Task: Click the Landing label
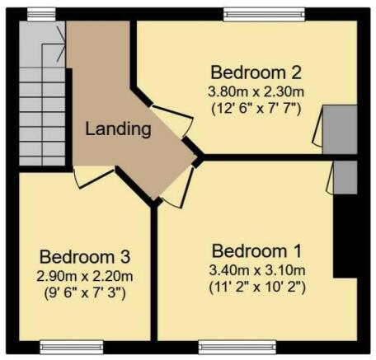click(x=118, y=129)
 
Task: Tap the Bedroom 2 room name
click(x=256, y=72)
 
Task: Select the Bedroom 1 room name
click(x=256, y=251)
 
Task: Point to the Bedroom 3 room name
click(x=85, y=257)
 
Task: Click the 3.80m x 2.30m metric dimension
click(x=256, y=91)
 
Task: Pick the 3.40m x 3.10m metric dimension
click(x=257, y=270)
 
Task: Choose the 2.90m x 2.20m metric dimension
click(x=85, y=276)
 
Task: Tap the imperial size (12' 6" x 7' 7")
click(x=256, y=109)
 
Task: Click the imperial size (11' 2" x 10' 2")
click(x=257, y=288)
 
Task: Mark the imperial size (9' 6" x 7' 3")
click(x=85, y=293)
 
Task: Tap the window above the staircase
click(x=42, y=14)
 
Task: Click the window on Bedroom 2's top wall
click(x=264, y=14)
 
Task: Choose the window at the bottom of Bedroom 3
click(x=72, y=348)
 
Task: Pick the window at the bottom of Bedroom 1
click(x=237, y=348)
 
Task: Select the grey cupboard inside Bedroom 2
click(x=340, y=129)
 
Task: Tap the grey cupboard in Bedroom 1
click(x=345, y=178)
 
